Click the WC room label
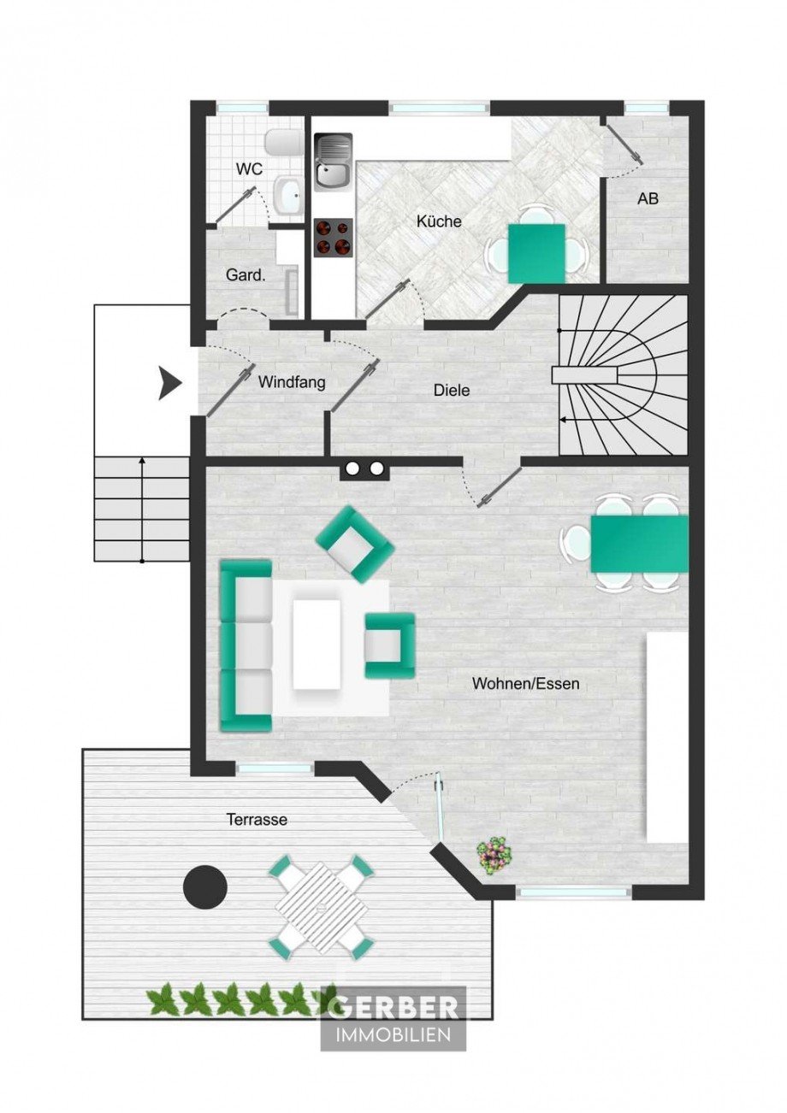[249, 169]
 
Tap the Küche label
[439, 221]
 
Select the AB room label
[648, 198]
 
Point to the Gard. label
[246, 274]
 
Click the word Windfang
[292, 383]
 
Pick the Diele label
[452, 390]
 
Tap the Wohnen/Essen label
[525, 683]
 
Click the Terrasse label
[257, 819]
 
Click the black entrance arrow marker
[169, 383]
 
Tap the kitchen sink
[333, 162]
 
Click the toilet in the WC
[281, 143]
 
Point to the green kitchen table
[536, 253]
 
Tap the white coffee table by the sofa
[317, 644]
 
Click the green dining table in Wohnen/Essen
[639, 544]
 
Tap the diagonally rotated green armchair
[356, 544]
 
